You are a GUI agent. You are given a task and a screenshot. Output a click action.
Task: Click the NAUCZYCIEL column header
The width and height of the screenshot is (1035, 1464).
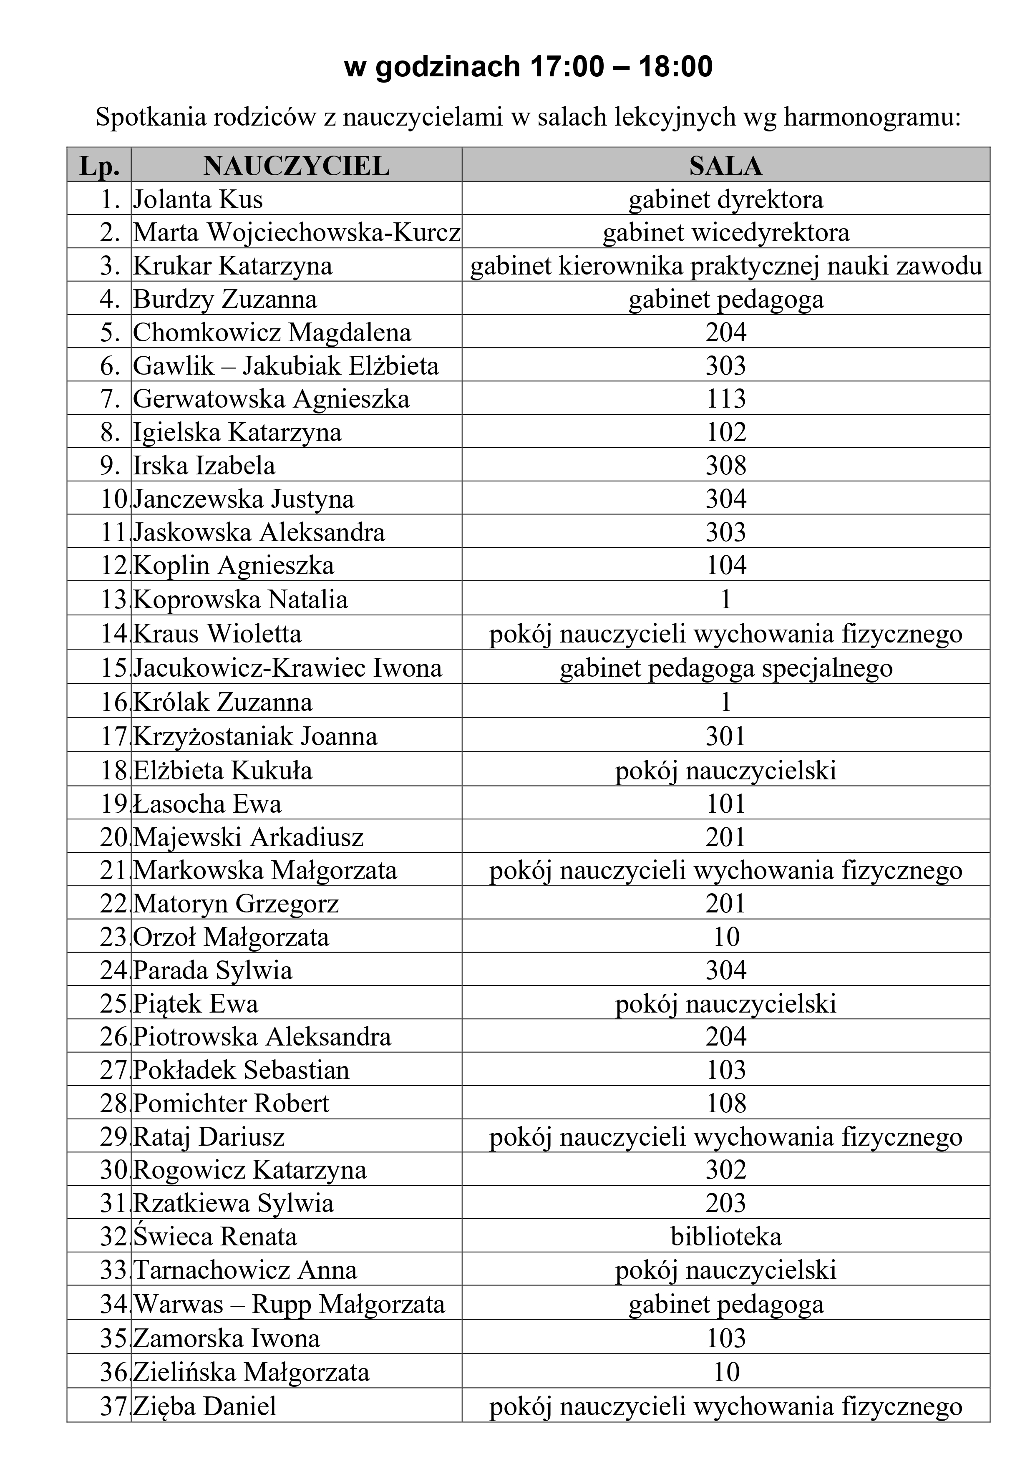(297, 166)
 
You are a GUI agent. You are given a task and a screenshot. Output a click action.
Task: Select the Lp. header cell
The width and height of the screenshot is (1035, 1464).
(99, 166)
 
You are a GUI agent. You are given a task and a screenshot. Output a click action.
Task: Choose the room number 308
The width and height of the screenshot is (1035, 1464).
(726, 466)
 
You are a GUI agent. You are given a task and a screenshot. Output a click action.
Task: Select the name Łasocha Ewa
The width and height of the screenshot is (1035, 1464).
(207, 804)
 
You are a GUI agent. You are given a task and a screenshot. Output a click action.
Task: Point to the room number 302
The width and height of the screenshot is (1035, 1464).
(726, 1170)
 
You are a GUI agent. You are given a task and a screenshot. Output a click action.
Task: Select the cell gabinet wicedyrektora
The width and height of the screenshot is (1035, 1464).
(726, 233)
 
